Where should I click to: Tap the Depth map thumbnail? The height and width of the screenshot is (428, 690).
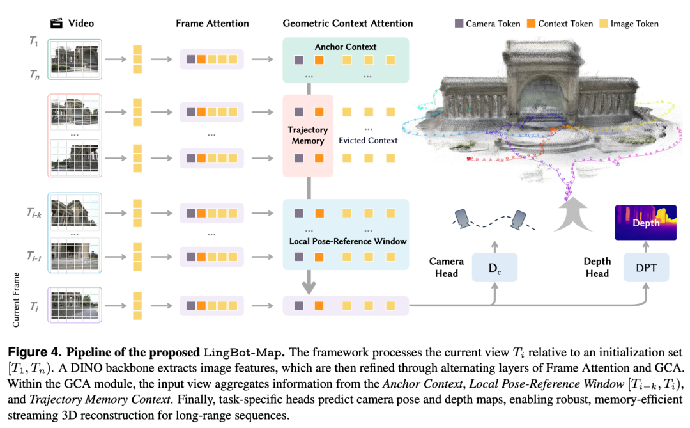(x=645, y=223)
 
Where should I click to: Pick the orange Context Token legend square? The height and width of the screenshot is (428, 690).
(x=532, y=24)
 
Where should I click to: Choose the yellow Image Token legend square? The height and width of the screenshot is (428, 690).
(x=604, y=24)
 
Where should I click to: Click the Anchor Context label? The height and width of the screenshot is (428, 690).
(x=346, y=47)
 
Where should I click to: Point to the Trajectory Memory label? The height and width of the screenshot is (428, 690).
(x=308, y=135)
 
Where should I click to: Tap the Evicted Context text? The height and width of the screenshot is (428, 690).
(x=368, y=140)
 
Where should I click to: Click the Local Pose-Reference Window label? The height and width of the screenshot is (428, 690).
(x=348, y=241)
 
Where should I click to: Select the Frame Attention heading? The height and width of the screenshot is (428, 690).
(x=212, y=24)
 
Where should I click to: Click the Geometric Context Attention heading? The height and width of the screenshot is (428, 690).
(x=348, y=24)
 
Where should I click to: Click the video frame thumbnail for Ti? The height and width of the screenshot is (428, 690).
(x=75, y=305)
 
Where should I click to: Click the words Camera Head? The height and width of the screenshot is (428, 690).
(x=446, y=267)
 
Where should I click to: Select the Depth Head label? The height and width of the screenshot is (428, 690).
(x=597, y=267)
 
